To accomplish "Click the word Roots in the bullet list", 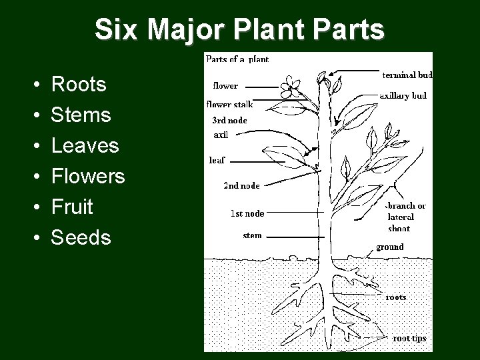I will [x=79, y=85].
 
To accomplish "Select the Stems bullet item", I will [x=81, y=115].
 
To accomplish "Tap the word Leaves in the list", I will [x=85, y=146].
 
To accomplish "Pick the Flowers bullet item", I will [x=88, y=177].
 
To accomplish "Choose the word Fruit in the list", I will [x=72, y=207].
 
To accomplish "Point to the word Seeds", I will [x=81, y=238].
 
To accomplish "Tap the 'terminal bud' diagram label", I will [x=407, y=75].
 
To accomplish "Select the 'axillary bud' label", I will [x=403, y=95].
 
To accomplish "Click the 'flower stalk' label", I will [x=229, y=104].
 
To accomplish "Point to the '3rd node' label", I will [x=229, y=121].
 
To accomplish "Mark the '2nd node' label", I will [x=241, y=185].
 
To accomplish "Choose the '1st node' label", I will [x=247, y=213].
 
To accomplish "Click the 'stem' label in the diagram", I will [x=252, y=235].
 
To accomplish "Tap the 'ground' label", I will [x=389, y=247].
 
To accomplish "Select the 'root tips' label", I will [x=409, y=338].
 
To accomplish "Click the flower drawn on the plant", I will [x=289, y=85].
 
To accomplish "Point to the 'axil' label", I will [x=221, y=134].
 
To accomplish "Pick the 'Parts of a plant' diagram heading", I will [x=237, y=59].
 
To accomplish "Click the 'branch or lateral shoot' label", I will [x=407, y=217].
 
